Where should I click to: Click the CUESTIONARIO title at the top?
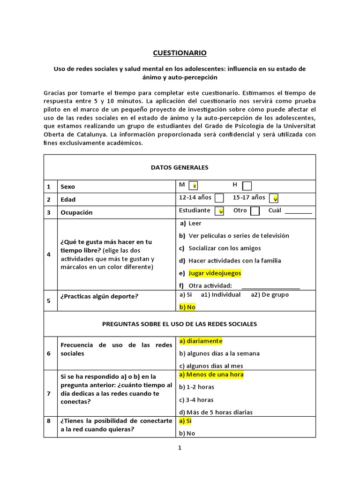(180, 53)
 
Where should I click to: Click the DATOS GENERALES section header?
(180, 167)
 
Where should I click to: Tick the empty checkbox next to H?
(247, 186)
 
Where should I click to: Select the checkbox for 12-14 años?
(219, 198)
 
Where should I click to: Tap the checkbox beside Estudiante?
(219, 211)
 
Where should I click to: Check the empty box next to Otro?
(255, 211)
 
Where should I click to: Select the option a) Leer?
(190, 223)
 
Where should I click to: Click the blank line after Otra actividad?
(270, 286)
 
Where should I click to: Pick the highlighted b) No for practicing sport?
(187, 307)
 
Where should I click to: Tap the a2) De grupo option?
(270, 295)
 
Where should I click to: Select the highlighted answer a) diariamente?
(201, 341)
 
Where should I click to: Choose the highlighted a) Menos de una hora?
(211, 375)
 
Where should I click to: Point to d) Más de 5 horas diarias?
(216, 412)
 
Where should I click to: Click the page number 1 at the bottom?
(180, 448)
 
